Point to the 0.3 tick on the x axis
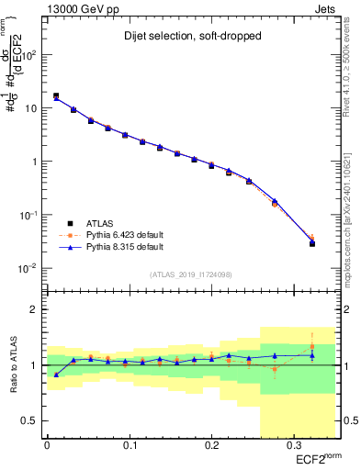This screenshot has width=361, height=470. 292,445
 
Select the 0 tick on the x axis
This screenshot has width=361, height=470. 47,445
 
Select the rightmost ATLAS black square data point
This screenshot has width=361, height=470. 312,244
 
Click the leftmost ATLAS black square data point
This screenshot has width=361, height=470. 56,95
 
